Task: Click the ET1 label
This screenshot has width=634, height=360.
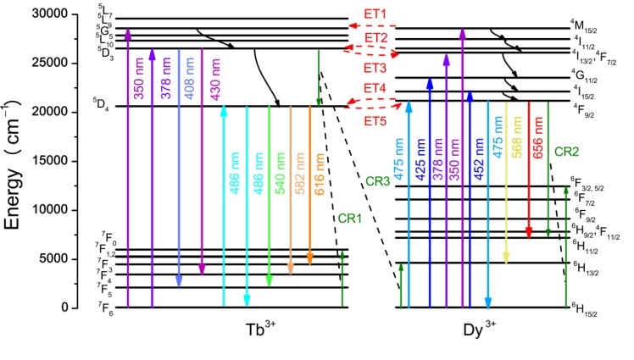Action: click(x=375, y=14)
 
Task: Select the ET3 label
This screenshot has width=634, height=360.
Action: click(x=375, y=68)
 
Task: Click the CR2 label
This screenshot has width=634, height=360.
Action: click(x=567, y=152)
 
